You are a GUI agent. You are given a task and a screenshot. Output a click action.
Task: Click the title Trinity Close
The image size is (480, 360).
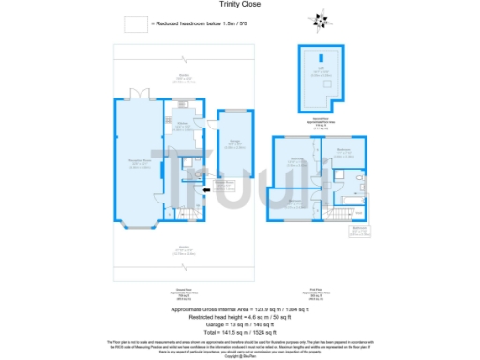(240, 5)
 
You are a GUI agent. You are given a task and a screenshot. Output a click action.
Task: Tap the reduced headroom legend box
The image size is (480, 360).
(137, 22)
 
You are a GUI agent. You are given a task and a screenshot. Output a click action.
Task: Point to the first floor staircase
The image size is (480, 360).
(337, 217)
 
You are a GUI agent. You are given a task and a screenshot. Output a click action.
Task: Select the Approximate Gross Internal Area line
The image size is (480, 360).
(240, 308)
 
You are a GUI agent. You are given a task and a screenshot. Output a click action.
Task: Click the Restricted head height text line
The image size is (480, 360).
(240, 315)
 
